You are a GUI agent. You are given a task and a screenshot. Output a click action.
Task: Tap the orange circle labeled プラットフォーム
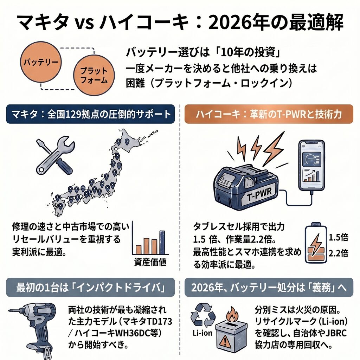tap(94, 75)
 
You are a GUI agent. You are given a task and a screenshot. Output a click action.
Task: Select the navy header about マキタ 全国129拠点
tap(91, 114)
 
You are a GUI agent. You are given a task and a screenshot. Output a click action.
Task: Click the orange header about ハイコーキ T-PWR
tap(269, 114)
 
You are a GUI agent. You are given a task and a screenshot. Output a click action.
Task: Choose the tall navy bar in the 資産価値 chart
tap(162, 242)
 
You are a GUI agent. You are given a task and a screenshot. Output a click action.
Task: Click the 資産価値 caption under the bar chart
tap(150, 262)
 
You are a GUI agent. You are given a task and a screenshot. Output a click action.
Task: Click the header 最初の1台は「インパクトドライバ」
tap(91, 287)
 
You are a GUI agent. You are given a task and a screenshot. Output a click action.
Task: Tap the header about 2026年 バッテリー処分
tap(269, 287)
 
